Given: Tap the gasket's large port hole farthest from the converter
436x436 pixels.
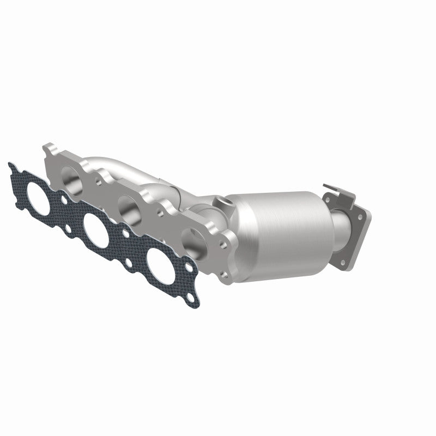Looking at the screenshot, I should pos(39,191).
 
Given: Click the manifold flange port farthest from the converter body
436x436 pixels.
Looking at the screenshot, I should pos(69,177).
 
